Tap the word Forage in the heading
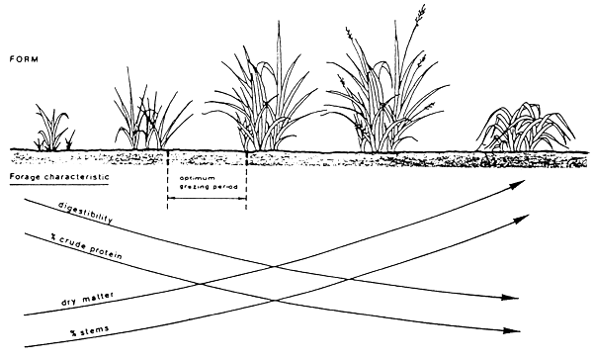25,175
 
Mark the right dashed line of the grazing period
244,178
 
